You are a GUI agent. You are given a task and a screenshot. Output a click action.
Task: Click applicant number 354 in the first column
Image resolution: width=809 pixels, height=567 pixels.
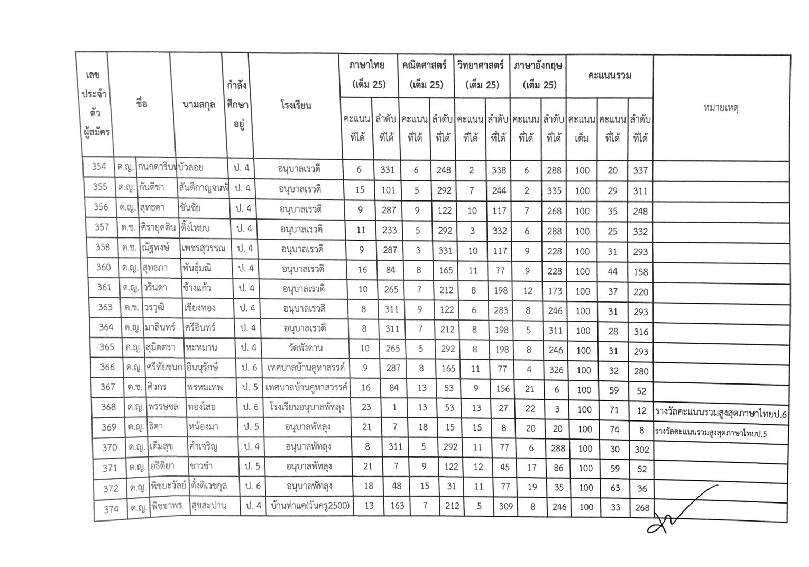pyautogui.click(x=99, y=167)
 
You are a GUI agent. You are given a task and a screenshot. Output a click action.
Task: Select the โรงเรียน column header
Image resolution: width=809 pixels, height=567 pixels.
pyautogui.click(x=296, y=105)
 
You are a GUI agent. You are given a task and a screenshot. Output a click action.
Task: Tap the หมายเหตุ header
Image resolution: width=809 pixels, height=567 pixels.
pyautogui.click(x=721, y=108)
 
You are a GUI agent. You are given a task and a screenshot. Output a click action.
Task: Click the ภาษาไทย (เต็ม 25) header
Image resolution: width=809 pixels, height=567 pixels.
pyautogui.click(x=367, y=75)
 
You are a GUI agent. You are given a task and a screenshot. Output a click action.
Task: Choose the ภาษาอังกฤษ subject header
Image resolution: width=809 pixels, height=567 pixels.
pyautogui.click(x=538, y=75)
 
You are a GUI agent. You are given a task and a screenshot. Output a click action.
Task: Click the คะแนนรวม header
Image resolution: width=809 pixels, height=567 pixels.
pyautogui.click(x=609, y=76)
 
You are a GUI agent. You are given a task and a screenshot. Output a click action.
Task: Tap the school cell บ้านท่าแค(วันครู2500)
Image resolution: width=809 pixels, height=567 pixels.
pyautogui.click(x=309, y=505)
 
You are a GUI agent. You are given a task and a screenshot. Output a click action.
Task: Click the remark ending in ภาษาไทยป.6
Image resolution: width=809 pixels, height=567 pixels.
pyautogui.click(x=720, y=414)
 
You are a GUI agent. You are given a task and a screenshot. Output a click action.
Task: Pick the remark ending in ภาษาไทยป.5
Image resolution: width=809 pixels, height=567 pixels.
pyautogui.click(x=711, y=433)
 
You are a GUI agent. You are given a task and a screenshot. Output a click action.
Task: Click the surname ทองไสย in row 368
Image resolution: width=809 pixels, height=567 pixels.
pyautogui.click(x=201, y=407)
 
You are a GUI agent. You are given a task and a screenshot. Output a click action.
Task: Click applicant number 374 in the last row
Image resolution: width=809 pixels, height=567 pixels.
pyautogui.click(x=111, y=509)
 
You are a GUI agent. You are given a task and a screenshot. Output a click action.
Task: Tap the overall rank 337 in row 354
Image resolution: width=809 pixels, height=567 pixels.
pyautogui.click(x=640, y=170)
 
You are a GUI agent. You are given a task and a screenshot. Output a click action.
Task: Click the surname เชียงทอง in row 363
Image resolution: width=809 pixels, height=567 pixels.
pyautogui.click(x=200, y=308)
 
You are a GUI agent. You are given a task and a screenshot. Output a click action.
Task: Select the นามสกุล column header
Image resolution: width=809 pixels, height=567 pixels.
pyautogui.click(x=199, y=105)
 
